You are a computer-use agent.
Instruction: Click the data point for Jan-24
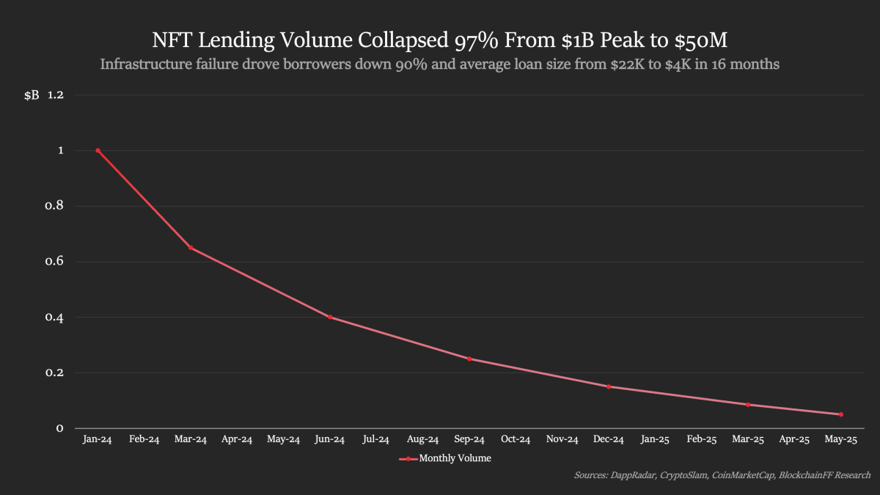(x=98, y=150)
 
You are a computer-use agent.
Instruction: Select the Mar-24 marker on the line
(x=191, y=248)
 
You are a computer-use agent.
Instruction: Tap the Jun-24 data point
(x=330, y=317)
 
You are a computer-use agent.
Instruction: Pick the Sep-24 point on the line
(x=469, y=359)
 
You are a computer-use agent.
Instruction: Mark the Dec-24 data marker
(x=609, y=386)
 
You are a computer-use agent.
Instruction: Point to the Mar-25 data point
(x=748, y=405)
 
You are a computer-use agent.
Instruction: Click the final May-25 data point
(x=841, y=414)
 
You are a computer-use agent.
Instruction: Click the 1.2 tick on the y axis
(x=56, y=95)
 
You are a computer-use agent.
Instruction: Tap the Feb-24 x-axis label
(x=144, y=440)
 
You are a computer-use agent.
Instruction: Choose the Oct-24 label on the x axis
(x=516, y=440)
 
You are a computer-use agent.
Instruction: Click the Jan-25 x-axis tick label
(x=655, y=440)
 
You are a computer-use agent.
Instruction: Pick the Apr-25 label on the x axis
(x=794, y=440)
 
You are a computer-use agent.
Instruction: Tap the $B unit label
(x=32, y=95)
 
